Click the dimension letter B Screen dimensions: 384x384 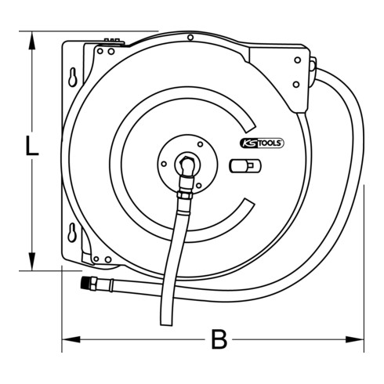(x=219, y=339)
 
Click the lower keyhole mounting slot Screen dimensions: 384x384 (x=73, y=232)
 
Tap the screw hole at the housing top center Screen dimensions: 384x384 (x=190, y=38)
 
